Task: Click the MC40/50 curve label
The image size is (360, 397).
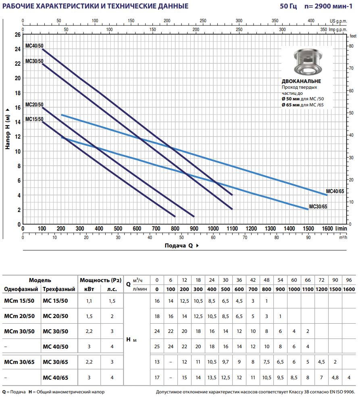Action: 34,46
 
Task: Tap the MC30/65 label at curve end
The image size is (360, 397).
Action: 318,206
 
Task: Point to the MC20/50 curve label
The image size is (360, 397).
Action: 34,104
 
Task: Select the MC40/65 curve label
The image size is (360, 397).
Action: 335,191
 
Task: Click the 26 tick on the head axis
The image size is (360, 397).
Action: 17,35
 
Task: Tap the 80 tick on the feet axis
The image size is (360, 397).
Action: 351,46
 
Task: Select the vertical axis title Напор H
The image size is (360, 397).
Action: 8,129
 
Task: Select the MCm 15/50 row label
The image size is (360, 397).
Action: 19,300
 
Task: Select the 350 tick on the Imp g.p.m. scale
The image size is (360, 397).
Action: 323,29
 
